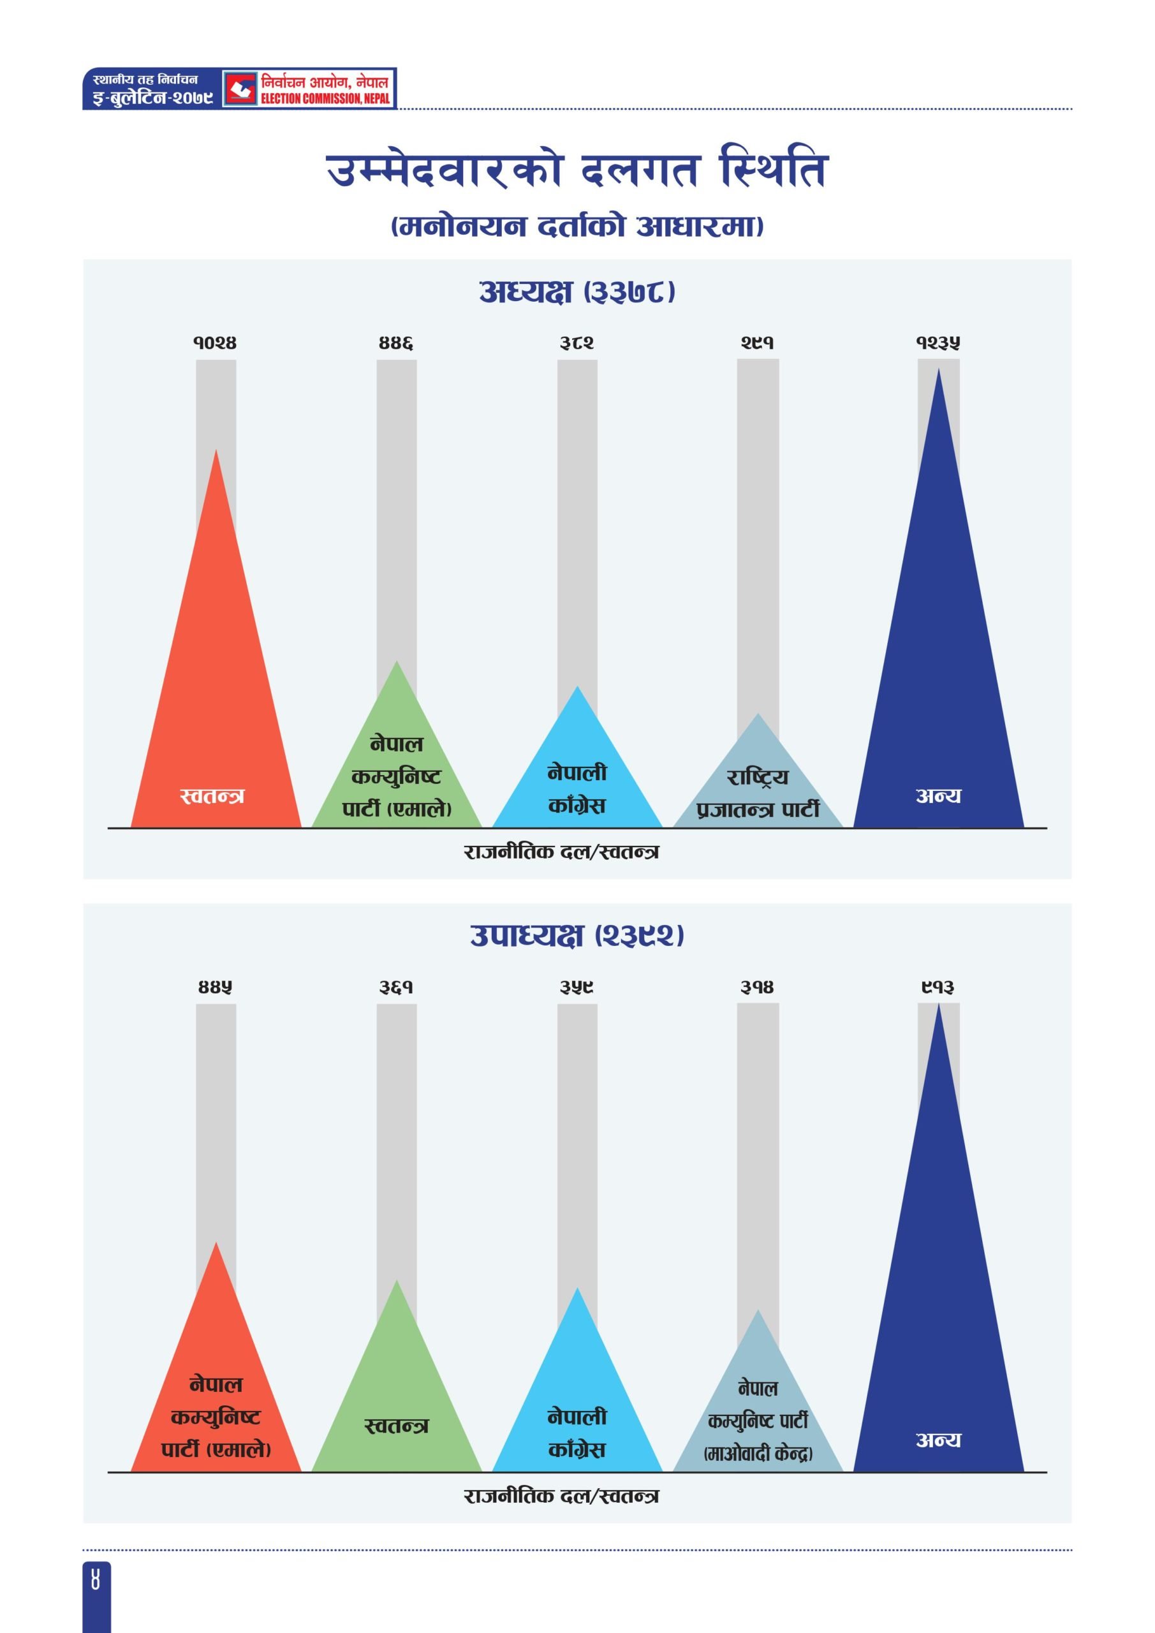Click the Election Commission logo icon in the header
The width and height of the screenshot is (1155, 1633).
pyautogui.click(x=241, y=89)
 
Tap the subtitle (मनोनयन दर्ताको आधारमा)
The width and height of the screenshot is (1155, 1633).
pyautogui.click(x=577, y=226)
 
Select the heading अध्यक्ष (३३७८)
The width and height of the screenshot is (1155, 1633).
pyautogui.click(x=577, y=292)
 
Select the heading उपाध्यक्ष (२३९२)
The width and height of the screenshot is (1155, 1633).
pyautogui.click(x=577, y=935)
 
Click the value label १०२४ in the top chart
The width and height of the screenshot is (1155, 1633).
pyautogui.click(x=215, y=343)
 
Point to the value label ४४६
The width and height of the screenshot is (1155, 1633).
pyautogui.click(x=396, y=343)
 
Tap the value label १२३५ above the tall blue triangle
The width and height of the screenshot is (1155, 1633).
pyautogui.click(x=938, y=343)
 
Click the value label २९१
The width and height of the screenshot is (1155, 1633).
pyautogui.click(x=758, y=343)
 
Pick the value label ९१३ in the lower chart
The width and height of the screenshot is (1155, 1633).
pyautogui.click(x=938, y=987)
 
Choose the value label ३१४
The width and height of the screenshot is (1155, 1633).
pyautogui.click(x=758, y=987)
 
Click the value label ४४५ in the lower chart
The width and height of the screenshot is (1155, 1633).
pyautogui.click(x=215, y=987)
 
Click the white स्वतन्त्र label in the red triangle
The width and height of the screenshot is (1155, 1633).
pyautogui.click(x=212, y=796)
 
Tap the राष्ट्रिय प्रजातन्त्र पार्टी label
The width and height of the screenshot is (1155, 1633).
pyautogui.click(x=758, y=793)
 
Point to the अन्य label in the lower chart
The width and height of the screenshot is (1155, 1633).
pyautogui.click(x=938, y=1440)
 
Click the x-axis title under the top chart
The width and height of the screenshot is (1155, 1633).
pyautogui.click(x=561, y=852)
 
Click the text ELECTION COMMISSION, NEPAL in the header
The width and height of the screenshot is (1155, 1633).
pyautogui.click(x=325, y=99)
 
